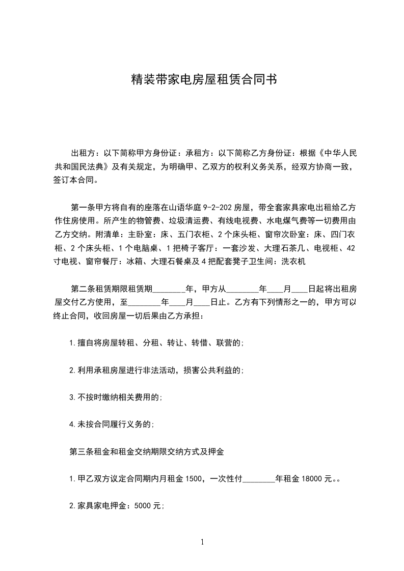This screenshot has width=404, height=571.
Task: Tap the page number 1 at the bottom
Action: (202, 542)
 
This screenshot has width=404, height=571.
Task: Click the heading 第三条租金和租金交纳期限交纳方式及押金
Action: (147, 451)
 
